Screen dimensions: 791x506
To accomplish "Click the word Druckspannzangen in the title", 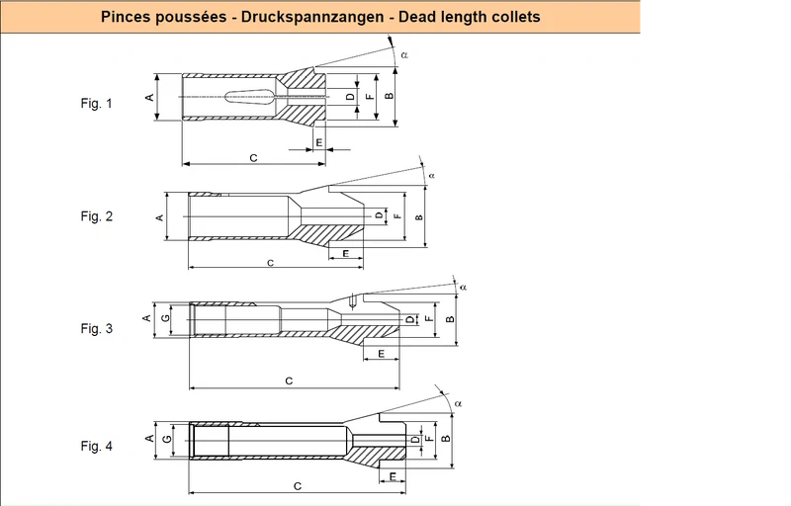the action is [312, 17].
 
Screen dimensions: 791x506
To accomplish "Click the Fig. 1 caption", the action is [96, 104].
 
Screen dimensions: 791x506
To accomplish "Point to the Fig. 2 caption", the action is [96, 216].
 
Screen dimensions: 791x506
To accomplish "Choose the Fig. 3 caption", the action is [96, 328].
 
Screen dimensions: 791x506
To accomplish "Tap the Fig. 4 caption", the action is [96, 446].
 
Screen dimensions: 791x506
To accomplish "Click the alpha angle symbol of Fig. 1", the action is [404, 55].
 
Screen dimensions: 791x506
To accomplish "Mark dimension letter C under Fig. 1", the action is [254, 158].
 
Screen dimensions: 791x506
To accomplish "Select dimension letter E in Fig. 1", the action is [318, 143].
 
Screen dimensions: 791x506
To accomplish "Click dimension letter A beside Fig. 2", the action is [160, 217].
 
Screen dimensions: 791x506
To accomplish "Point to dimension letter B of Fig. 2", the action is [419, 217].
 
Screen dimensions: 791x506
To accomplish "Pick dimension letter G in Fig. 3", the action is [165, 318].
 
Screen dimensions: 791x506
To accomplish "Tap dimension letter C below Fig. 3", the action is [289, 381].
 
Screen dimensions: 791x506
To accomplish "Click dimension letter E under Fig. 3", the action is [381, 354].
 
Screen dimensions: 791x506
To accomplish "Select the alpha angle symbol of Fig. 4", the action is [458, 403].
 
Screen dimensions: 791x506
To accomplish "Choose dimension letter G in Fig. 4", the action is [167, 439].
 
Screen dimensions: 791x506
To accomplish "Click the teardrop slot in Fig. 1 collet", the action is [249, 97].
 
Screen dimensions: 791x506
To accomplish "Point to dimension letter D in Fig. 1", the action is [350, 96].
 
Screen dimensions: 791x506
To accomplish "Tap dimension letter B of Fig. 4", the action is [446, 439].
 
